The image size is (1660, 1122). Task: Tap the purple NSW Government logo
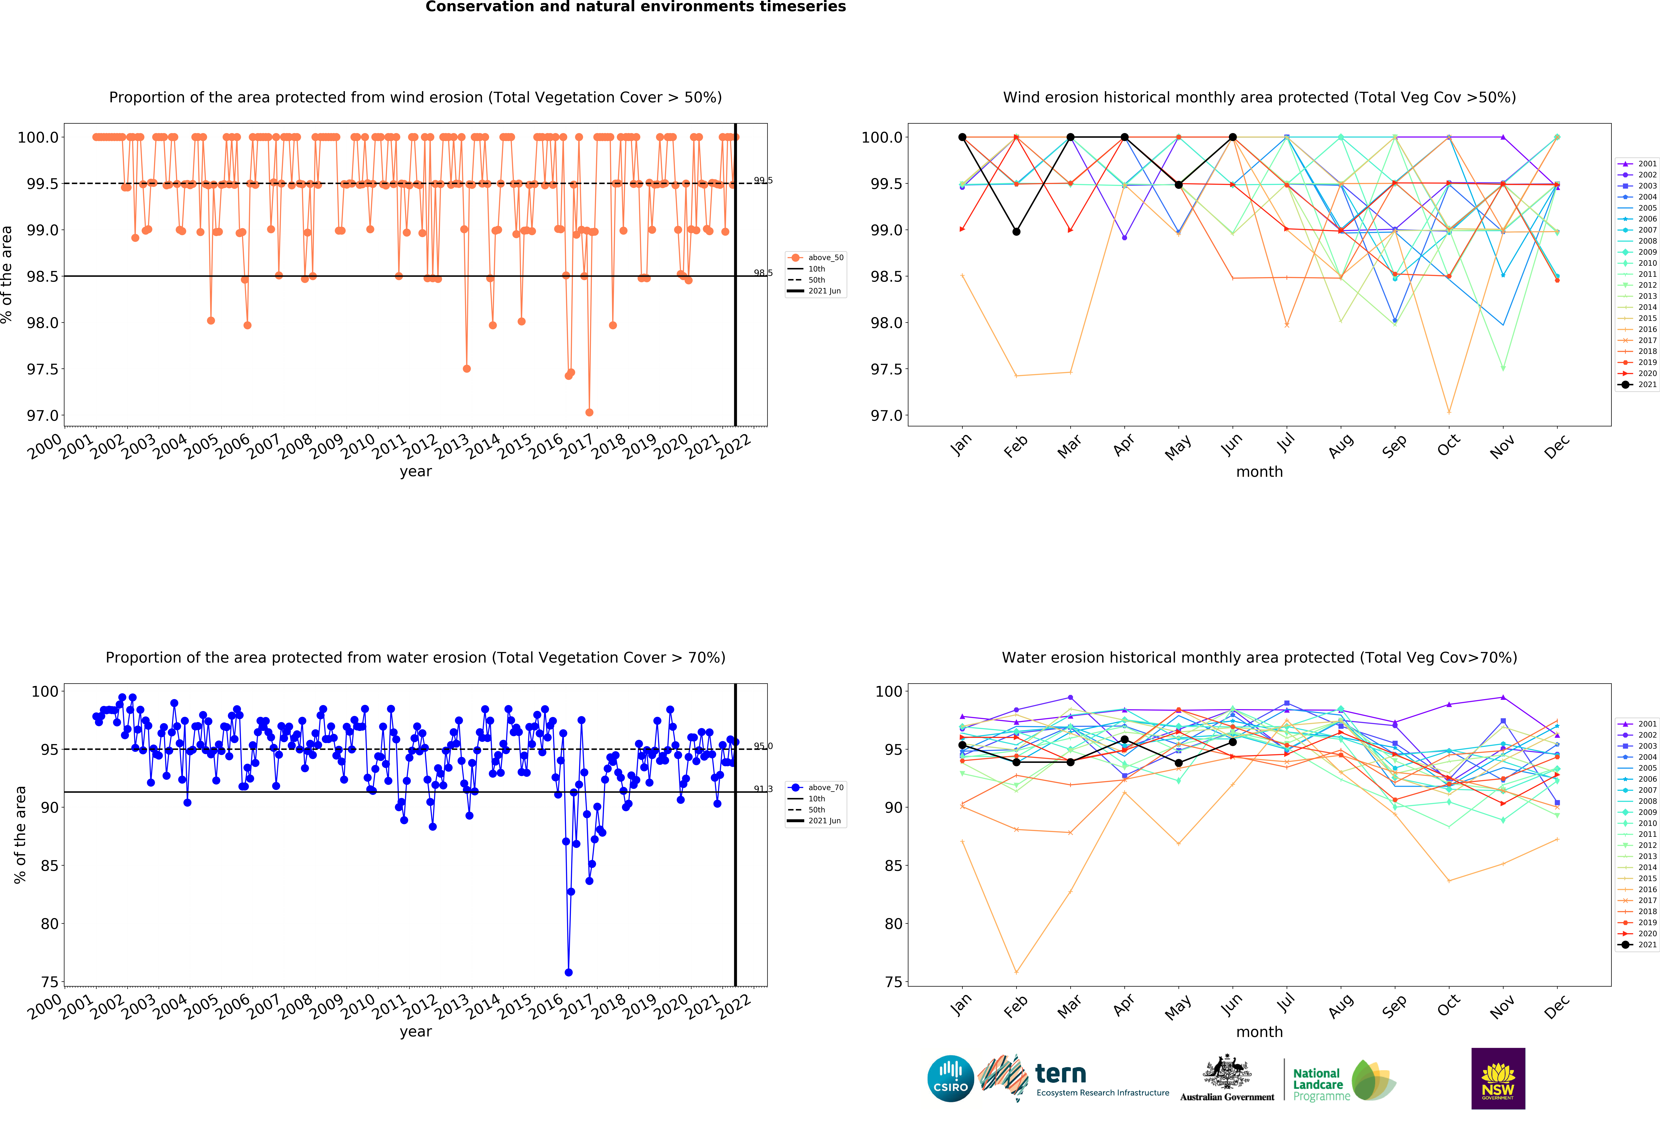(1498, 1078)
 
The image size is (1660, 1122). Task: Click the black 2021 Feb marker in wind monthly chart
(1016, 231)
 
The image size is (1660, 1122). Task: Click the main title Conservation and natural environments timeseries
(636, 7)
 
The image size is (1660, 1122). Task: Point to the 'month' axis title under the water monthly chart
(1259, 1032)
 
